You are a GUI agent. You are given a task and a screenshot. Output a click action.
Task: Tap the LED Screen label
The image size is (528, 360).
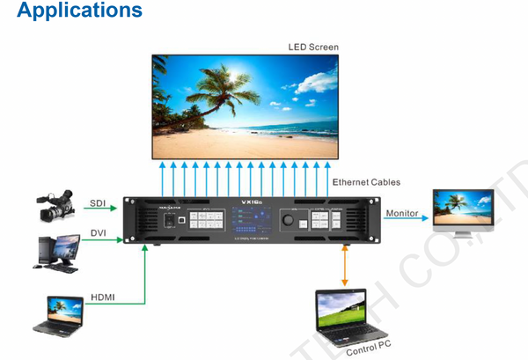click(312, 47)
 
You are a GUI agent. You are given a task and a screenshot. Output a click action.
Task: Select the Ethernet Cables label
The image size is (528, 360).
click(366, 182)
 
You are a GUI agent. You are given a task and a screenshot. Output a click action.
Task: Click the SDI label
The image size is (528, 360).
click(98, 203)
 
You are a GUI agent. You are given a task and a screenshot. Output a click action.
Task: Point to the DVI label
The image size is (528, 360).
click(98, 232)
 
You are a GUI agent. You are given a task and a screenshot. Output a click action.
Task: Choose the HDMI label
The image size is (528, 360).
click(103, 298)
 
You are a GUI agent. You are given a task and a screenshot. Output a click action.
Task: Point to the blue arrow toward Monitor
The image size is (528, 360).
click(406, 222)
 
